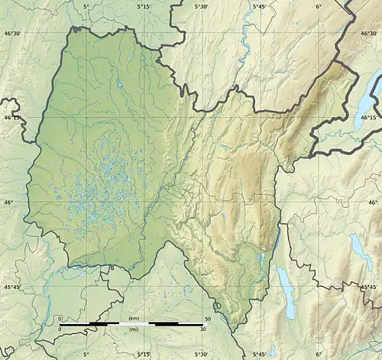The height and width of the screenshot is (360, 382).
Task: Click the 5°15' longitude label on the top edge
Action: point(144,6)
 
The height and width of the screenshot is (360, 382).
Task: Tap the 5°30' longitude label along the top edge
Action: point(201,6)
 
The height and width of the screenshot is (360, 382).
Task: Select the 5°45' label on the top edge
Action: point(260,6)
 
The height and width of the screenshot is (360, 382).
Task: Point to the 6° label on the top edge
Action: point(318,6)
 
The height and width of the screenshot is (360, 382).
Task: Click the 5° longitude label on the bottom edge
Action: point(86,354)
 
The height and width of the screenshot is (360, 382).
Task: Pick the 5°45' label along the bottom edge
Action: point(260,354)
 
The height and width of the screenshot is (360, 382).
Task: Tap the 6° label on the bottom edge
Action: point(318,354)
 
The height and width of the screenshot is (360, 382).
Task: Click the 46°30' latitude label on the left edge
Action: point(13,34)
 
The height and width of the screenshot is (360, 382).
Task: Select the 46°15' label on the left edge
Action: point(13,118)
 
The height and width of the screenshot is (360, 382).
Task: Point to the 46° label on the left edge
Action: point(8,202)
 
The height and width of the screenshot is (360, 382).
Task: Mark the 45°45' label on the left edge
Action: point(13,286)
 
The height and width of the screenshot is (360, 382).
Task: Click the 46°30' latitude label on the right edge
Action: point(368,34)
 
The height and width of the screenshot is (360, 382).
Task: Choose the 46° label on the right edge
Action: point(374,202)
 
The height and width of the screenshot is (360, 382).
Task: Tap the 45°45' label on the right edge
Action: point(368,286)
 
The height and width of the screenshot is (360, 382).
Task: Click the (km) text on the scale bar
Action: point(134,317)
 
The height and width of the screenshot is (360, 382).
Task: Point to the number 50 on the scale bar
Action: point(209,317)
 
